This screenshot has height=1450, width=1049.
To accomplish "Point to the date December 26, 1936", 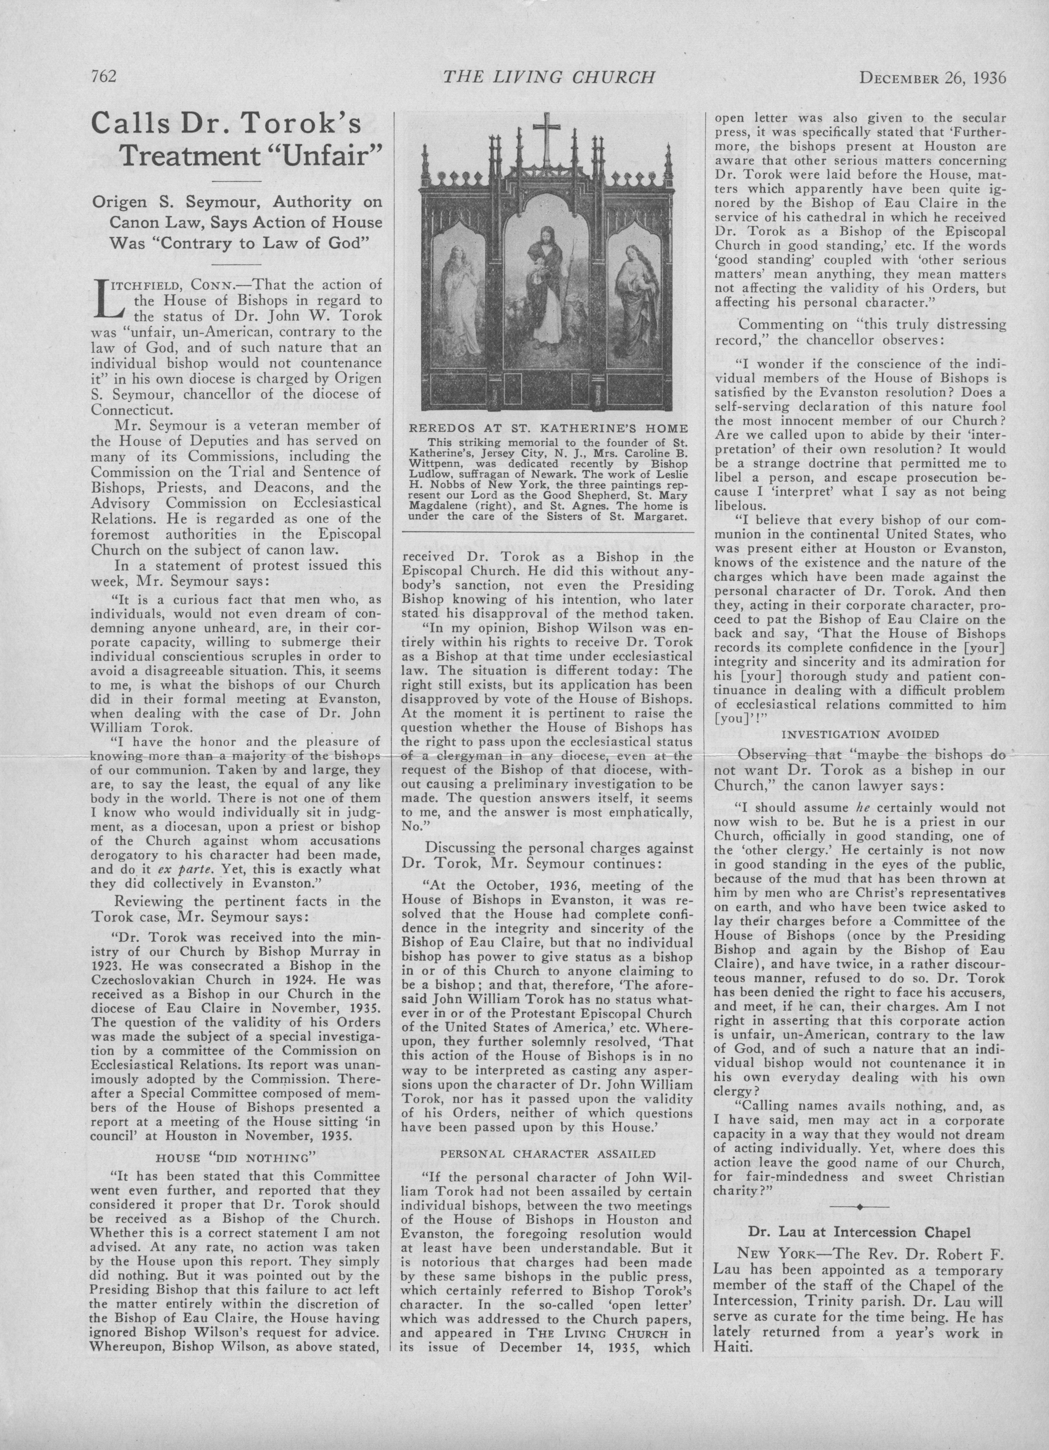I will [x=932, y=78].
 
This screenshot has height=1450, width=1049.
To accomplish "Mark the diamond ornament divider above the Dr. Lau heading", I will [x=860, y=1206].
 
